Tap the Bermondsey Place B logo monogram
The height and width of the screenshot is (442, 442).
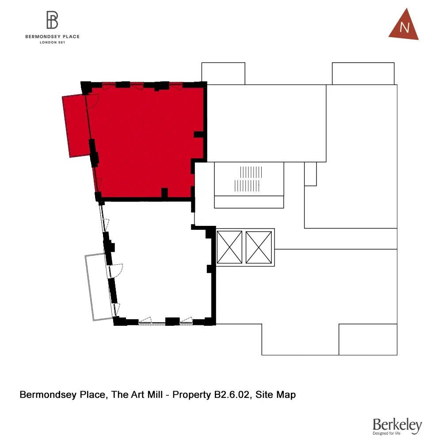53,20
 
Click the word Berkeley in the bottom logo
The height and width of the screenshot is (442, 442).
397,425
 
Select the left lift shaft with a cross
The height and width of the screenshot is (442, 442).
230,247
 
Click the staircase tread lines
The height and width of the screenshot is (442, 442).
248,179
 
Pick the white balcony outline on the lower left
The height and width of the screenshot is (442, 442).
98,287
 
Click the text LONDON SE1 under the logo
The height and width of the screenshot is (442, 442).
52,42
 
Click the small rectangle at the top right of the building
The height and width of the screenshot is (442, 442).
363,73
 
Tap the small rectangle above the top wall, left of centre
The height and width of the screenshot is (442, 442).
223,73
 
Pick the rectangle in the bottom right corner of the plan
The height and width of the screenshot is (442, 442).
368,339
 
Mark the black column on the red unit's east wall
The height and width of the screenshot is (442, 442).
199,134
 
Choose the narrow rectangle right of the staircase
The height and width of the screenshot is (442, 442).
311,174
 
